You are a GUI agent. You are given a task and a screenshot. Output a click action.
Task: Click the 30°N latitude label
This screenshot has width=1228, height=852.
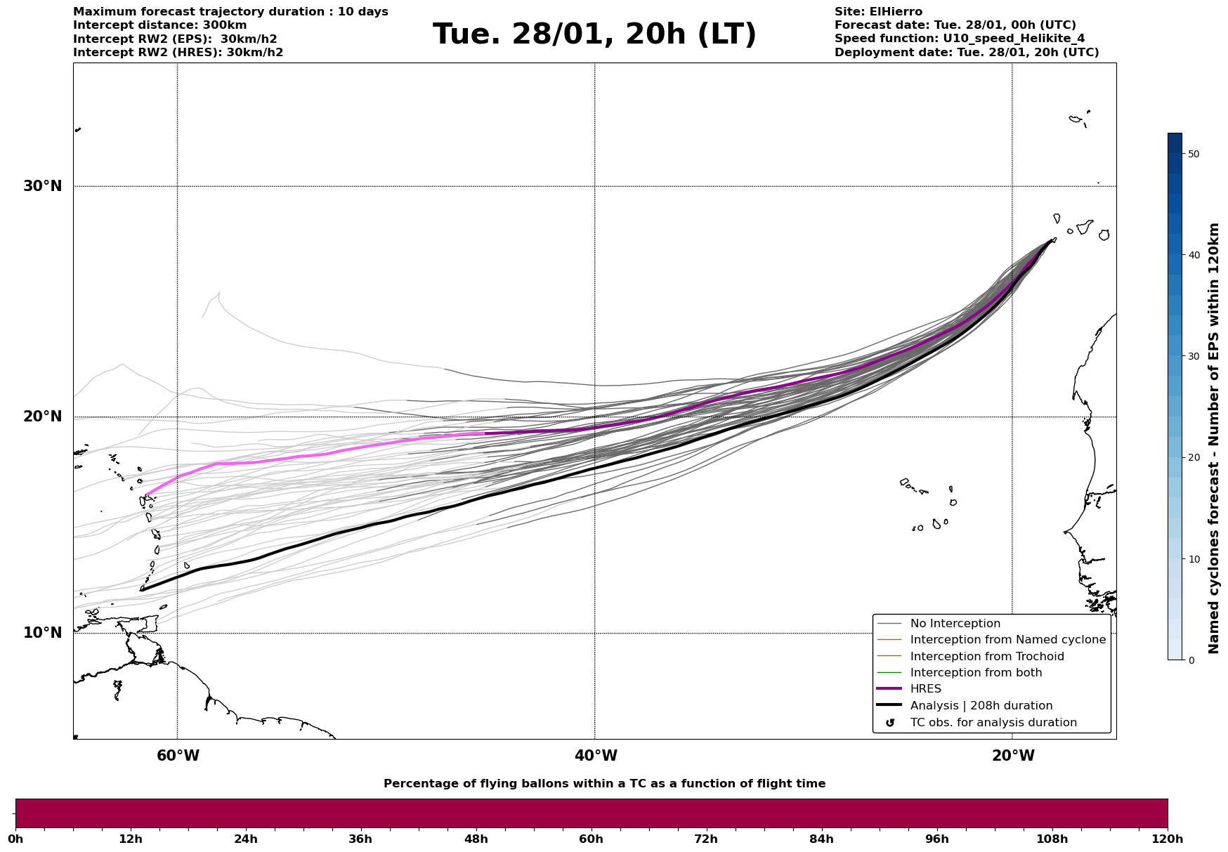[42, 186]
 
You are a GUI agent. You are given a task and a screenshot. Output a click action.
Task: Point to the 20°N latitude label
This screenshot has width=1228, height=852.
[42, 417]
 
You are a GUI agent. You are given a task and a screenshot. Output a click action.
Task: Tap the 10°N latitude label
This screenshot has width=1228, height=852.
[42, 633]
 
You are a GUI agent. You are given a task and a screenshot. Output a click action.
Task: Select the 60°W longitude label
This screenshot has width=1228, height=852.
[178, 756]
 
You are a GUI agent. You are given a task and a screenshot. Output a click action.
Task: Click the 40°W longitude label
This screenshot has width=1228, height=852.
[596, 756]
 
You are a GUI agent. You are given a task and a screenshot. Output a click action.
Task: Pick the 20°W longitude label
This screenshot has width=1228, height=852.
[1013, 756]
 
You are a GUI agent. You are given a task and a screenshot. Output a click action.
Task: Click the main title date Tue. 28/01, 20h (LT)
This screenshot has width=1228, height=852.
[594, 34]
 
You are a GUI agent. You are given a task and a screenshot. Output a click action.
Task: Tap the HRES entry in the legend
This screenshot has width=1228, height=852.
[925, 689]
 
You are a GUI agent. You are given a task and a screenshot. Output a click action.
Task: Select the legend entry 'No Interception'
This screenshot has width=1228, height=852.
[955, 624]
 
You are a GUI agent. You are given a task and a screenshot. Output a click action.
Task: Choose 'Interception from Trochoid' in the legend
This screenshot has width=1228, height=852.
[986, 657]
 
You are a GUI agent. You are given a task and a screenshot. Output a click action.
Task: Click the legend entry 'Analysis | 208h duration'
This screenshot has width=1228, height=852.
[981, 706]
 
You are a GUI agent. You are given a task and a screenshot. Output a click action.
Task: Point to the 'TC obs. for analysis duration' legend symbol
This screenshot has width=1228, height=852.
[890, 723]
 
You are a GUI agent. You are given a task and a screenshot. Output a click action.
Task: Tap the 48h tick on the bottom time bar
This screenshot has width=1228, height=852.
[476, 839]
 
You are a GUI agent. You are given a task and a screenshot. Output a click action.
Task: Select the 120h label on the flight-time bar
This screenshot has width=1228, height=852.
[1167, 839]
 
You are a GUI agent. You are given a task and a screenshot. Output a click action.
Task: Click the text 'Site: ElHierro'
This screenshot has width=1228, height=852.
[878, 12]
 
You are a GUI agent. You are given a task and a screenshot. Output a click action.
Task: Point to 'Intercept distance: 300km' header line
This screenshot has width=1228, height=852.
[159, 25]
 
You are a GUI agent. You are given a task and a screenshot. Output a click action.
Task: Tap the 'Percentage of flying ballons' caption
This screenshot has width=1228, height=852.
[604, 784]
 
